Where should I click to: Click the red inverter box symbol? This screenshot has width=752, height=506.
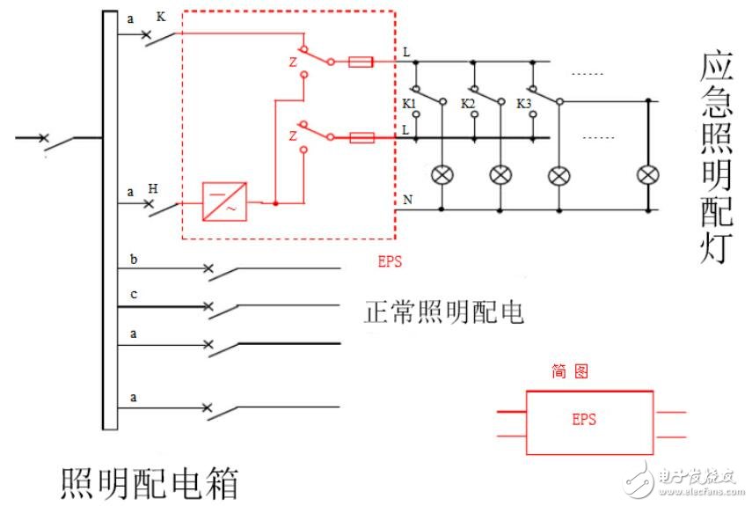click(224, 201)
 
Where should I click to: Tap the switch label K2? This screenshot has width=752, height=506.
click(468, 104)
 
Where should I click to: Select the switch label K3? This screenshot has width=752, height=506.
click(524, 104)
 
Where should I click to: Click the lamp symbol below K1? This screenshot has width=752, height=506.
click(442, 175)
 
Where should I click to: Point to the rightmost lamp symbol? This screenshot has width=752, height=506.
click(649, 175)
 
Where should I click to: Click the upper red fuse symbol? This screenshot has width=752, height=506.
click(361, 62)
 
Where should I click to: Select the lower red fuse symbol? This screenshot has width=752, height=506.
click(361, 137)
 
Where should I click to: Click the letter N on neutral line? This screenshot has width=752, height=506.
click(407, 200)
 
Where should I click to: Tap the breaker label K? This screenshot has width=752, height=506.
click(161, 17)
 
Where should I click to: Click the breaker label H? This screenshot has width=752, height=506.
click(153, 188)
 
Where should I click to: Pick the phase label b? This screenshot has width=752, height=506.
click(134, 260)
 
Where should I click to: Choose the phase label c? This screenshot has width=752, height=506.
click(134, 294)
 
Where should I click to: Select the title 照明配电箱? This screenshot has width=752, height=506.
click(149, 483)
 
